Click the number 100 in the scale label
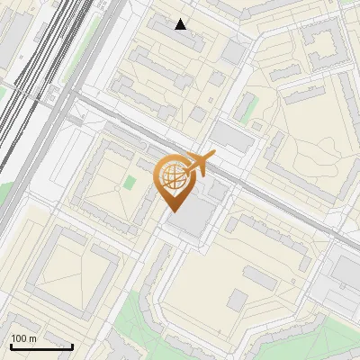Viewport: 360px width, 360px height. [19, 338]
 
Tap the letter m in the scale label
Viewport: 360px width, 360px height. [32, 338]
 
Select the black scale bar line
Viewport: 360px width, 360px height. [41, 346]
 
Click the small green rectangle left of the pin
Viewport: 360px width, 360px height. [130, 183]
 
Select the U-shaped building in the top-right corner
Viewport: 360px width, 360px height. [324, 45]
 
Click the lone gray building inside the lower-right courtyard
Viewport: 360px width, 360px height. [238, 300]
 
